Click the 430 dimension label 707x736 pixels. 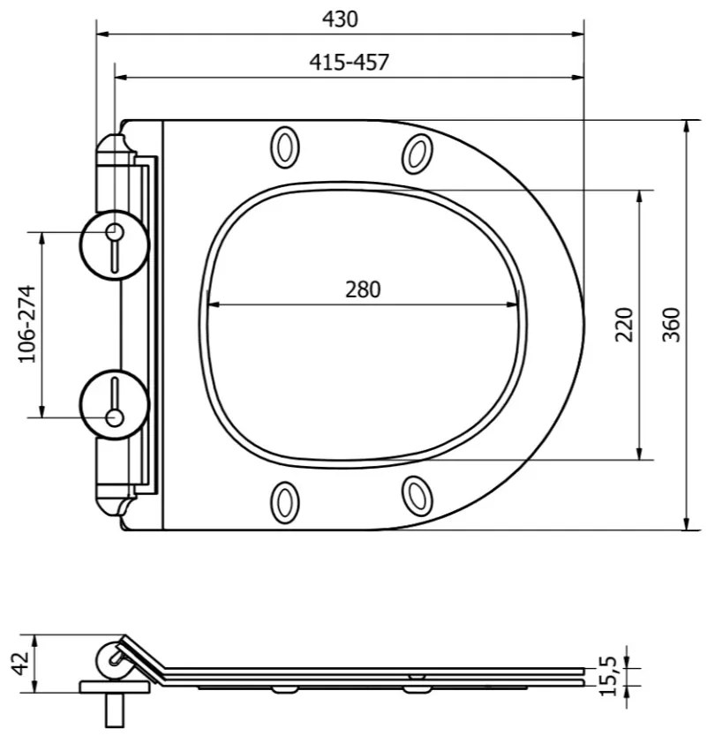pyautogui.click(x=340, y=19)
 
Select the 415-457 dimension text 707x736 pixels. pyautogui.click(x=350, y=62)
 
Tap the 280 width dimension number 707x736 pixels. pyautogui.click(x=363, y=289)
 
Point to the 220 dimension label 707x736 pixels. pyautogui.click(x=624, y=325)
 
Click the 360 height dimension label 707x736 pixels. pyautogui.click(x=672, y=325)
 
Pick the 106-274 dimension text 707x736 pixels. pyautogui.click(x=26, y=324)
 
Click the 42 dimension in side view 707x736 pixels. pyautogui.click(x=20, y=664)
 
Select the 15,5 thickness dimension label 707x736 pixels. pyautogui.click(x=608, y=676)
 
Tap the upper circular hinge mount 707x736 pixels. pyautogui.click(x=114, y=244)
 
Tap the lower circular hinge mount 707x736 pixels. pyautogui.click(x=114, y=404)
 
